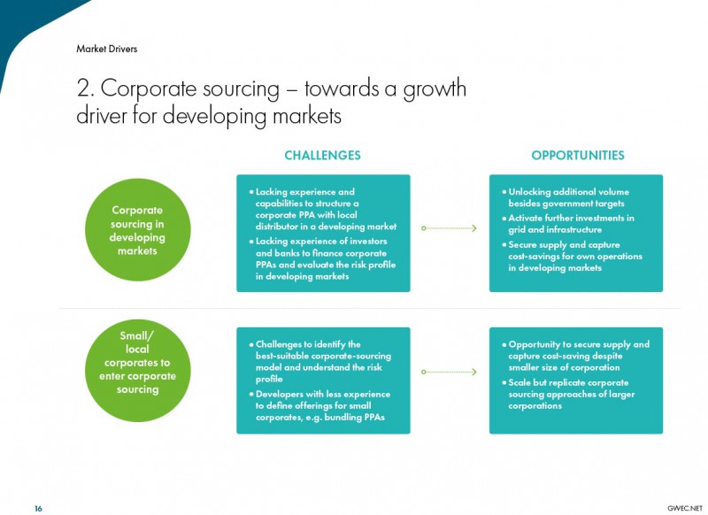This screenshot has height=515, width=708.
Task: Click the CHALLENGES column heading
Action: pos(322,155)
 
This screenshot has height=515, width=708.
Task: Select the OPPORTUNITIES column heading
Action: pos(578,155)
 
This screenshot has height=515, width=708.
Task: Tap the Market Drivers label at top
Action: pos(106,49)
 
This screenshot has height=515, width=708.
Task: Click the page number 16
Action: pos(38,509)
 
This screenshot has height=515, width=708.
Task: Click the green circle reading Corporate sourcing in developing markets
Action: pos(138,230)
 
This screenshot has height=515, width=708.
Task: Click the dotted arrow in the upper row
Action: pos(449,228)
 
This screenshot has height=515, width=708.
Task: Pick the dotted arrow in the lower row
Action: pos(449,372)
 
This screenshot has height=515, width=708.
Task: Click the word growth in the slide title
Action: pos(435,89)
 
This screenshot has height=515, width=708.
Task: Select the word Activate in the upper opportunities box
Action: pos(526,218)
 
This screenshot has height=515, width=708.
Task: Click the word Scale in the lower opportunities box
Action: pos(519,382)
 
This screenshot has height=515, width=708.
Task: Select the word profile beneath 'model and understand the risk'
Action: pos(269,379)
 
